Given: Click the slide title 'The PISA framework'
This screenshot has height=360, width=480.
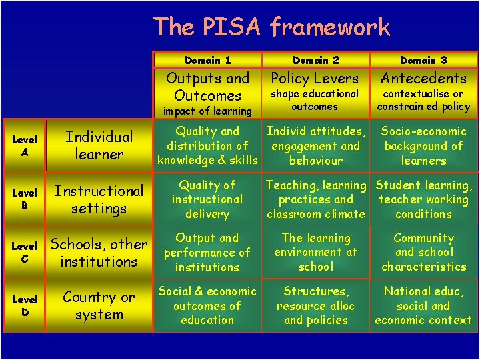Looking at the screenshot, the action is click(x=271, y=27).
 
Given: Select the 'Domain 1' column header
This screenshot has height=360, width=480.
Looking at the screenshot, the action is click(x=207, y=60).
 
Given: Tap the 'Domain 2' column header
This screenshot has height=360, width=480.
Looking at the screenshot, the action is click(x=315, y=60).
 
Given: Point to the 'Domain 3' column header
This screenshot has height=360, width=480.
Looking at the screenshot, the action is click(x=423, y=60).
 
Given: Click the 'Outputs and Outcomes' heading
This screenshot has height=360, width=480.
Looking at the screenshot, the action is click(x=207, y=87).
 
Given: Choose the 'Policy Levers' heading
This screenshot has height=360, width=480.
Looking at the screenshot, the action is click(x=315, y=78).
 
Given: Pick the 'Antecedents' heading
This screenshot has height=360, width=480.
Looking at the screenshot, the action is click(x=423, y=78).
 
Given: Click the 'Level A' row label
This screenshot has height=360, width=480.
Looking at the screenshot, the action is click(x=24, y=146).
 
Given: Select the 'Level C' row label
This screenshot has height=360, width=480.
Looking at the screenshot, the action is click(x=24, y=253).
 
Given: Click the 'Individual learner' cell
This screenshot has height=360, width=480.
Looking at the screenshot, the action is click(x=99, y=145).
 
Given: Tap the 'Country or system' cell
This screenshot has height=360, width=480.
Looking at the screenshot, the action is click(x=99, y=306).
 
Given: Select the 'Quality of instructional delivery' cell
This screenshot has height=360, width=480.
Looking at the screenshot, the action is click(x=207, y=199).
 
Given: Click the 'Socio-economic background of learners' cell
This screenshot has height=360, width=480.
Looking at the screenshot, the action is click(x=423, y=146).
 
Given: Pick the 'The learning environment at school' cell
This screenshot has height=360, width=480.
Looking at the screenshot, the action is click(x=315, y=252).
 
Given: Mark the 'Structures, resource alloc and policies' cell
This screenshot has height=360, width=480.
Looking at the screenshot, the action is click(x=315, y=305).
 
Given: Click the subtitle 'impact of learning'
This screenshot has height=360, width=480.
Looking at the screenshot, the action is click(x=207, y=111).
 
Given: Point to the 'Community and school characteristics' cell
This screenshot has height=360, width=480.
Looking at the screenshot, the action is click(x=423, y=252).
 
